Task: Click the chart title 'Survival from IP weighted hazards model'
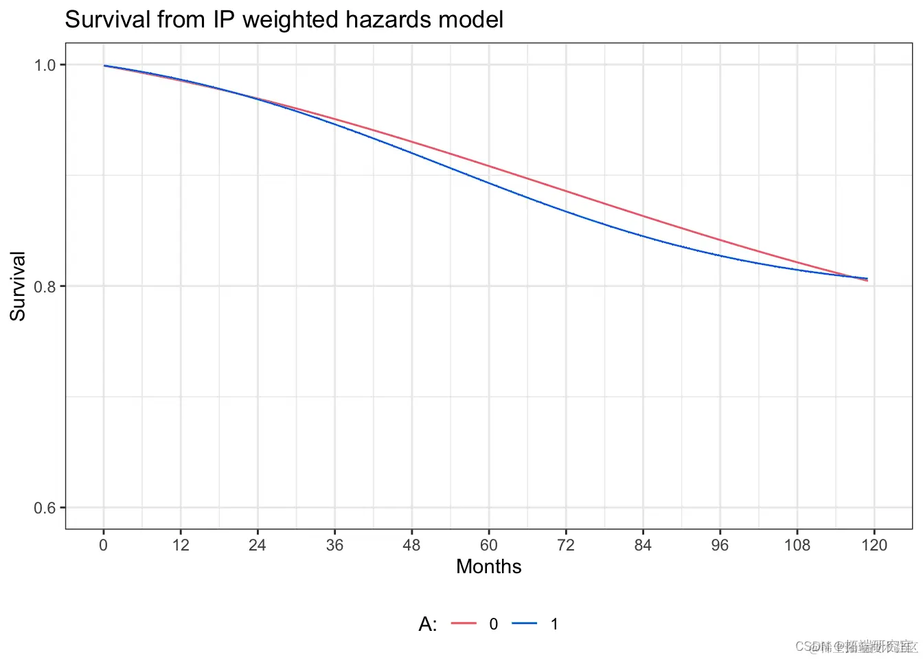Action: (284, 19)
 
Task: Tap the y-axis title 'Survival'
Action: (18, 286)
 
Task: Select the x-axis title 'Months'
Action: (488, 566)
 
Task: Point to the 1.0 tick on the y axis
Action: (45, 65)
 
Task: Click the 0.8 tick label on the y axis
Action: (45, 286)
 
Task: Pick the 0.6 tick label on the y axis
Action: (45, 508)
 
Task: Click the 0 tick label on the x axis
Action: (104, 545)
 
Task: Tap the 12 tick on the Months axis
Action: (181, 545)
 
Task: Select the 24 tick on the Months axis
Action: (258, 545)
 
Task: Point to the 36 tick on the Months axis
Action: (334, 545)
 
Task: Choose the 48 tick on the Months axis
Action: (411, 545)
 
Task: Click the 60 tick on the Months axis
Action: (489, 545)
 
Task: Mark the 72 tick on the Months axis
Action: (566, 545)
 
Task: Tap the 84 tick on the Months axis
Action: (643, 545)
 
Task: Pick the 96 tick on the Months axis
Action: (720, 545)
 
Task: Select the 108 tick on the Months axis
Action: (797, 545)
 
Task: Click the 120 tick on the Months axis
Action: (874, 545)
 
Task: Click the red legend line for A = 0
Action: (464, 623)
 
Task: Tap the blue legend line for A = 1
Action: (524, 623)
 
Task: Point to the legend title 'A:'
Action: (428, 624)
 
